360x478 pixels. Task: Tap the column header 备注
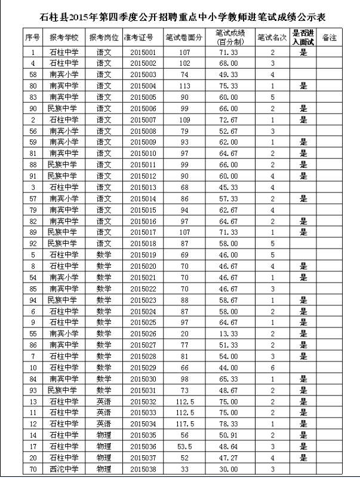329,38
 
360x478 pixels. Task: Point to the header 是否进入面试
303,37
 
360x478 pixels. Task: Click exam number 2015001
143,53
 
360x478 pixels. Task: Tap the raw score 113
184,86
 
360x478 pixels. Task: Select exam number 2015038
143,468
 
